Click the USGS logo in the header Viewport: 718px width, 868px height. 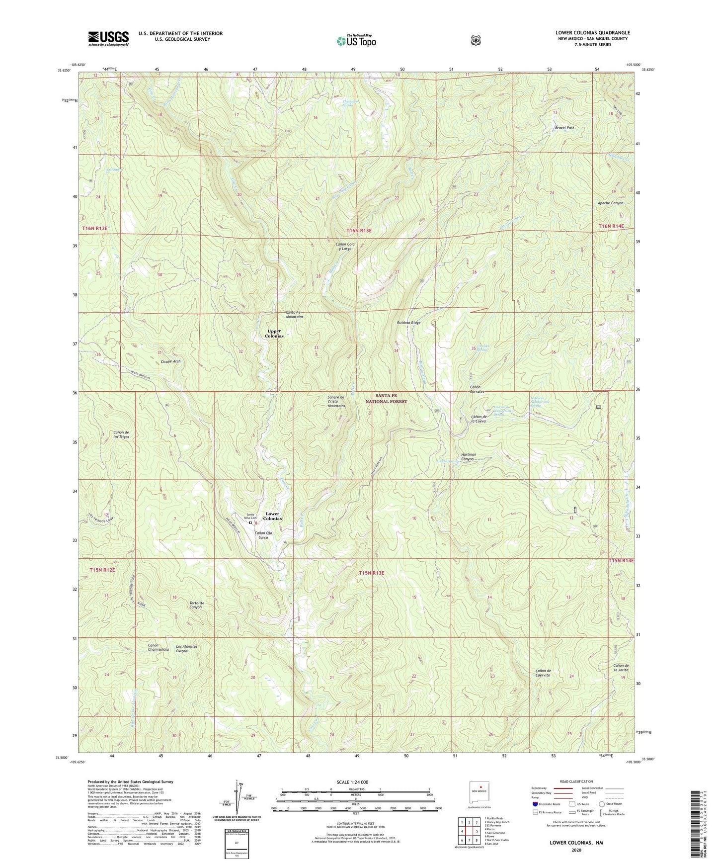coord(108,38)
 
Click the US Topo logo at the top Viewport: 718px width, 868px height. coord(355,41)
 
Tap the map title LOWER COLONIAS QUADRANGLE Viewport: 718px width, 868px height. coord(592,33)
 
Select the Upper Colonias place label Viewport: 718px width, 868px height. coord(274,334)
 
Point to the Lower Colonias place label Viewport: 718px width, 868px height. coord(272,516)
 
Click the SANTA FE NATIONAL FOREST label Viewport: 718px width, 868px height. coord(386,399)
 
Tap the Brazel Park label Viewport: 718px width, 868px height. coord(564,128)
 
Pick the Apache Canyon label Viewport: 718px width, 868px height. coord(610,203)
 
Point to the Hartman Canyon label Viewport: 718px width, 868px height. coord(468,457)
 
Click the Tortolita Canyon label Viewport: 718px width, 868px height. coord(196,605)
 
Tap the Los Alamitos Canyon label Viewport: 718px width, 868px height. coord(186,648)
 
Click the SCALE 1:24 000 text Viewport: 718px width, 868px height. coord(352,782)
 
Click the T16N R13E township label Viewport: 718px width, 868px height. coord(359,230)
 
